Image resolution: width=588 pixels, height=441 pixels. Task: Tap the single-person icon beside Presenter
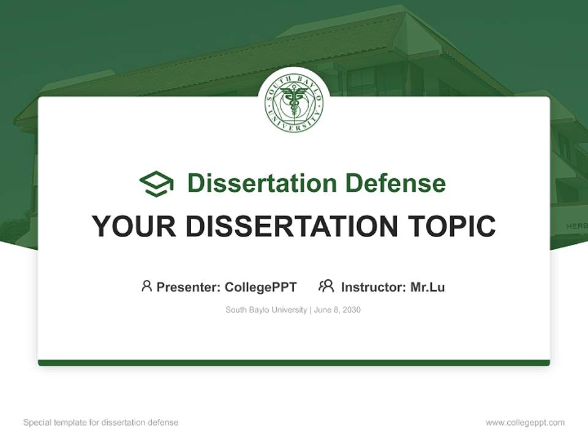click(x=146, y=286)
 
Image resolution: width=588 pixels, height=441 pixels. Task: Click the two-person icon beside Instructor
click(x=326, y=286)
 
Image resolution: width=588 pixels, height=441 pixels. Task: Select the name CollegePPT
click(x=261, y=287)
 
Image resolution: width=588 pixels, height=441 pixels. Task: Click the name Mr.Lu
click(x=428, y=287)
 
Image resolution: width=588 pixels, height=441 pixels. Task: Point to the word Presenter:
click(x=189, y=287)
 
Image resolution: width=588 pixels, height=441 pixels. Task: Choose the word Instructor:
click(x=374, y=287)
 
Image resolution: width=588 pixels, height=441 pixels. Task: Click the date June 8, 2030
click(x=337, y=310)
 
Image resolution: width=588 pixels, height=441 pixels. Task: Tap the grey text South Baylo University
click(x=266, y=310)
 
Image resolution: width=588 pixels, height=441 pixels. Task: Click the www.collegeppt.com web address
click(x=525, y=423)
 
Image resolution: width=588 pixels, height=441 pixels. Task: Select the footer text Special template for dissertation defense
click(x=100, y=423)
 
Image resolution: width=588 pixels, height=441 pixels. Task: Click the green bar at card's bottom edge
click(x=294, y=363)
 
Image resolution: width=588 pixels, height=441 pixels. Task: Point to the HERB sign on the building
click(x=576, y=226)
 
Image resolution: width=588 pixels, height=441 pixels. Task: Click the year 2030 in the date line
click(x=352, y=310)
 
